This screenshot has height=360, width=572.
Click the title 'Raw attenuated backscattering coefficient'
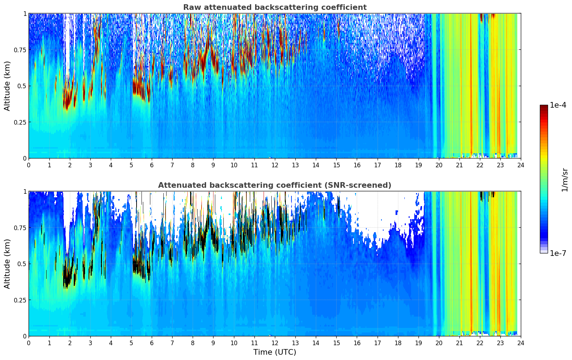pos(275,7)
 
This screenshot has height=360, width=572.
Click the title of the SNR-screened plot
pos(275,185)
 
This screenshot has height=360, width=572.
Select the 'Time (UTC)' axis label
pos(275,352)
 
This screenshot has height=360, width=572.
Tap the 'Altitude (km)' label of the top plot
pos(7,86)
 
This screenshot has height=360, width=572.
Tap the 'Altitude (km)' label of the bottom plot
pos(7,264)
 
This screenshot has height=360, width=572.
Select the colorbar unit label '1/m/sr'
pos(565,180)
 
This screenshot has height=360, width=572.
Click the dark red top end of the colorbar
pos(543,107)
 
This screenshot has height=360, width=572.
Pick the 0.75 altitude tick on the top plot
pos(20,50)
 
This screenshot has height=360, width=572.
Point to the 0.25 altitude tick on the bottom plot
pos(20,300)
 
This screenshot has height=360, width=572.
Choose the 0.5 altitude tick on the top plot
pos(22,86)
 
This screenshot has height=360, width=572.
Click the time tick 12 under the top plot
pos(275,165)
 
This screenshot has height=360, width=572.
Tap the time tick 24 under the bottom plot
pos(521,343)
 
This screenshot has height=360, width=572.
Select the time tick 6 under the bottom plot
pos(152,343)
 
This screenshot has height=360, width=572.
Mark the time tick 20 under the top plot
pos(439,165)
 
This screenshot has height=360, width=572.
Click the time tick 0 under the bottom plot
pos(29,343)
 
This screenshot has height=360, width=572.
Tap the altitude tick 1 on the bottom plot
pos(25,192)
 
